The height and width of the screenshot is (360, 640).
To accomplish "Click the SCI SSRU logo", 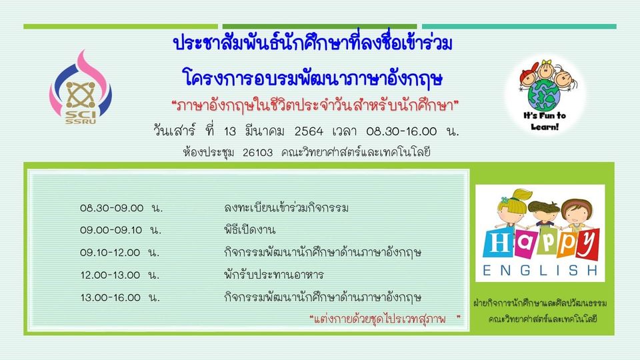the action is (81, 87).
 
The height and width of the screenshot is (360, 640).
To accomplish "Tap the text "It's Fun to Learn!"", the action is (545, 121).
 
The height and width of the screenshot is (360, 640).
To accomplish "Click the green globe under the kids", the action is (545, 95).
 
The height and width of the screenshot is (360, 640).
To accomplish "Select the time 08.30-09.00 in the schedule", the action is (112, 208).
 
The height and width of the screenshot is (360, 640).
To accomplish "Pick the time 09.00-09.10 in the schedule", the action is (111, 230).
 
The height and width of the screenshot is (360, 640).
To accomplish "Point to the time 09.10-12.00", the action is (110, 253).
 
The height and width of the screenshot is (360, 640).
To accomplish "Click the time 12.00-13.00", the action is (110, 275).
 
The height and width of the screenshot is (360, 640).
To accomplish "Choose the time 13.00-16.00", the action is (111, 297).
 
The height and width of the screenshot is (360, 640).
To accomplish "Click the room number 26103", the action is (257, 153).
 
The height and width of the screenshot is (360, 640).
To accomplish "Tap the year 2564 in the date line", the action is (309, 131).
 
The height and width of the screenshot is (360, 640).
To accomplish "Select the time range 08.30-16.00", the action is (401, 131).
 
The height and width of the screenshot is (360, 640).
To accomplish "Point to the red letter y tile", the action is (587, 244).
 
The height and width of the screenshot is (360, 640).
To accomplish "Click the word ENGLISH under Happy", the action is (540, 270).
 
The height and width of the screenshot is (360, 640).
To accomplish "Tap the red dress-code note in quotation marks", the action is (385, 319).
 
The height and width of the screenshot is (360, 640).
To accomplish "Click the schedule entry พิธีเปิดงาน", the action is (250, 230).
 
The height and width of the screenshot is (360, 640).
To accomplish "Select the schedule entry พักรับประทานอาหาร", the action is (274, 275).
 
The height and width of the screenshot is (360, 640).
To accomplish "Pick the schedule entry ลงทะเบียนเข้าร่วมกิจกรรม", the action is (286, 208).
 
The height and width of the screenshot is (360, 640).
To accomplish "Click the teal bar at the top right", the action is (519, 27).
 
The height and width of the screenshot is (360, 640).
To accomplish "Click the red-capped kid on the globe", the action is (529, 75).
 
